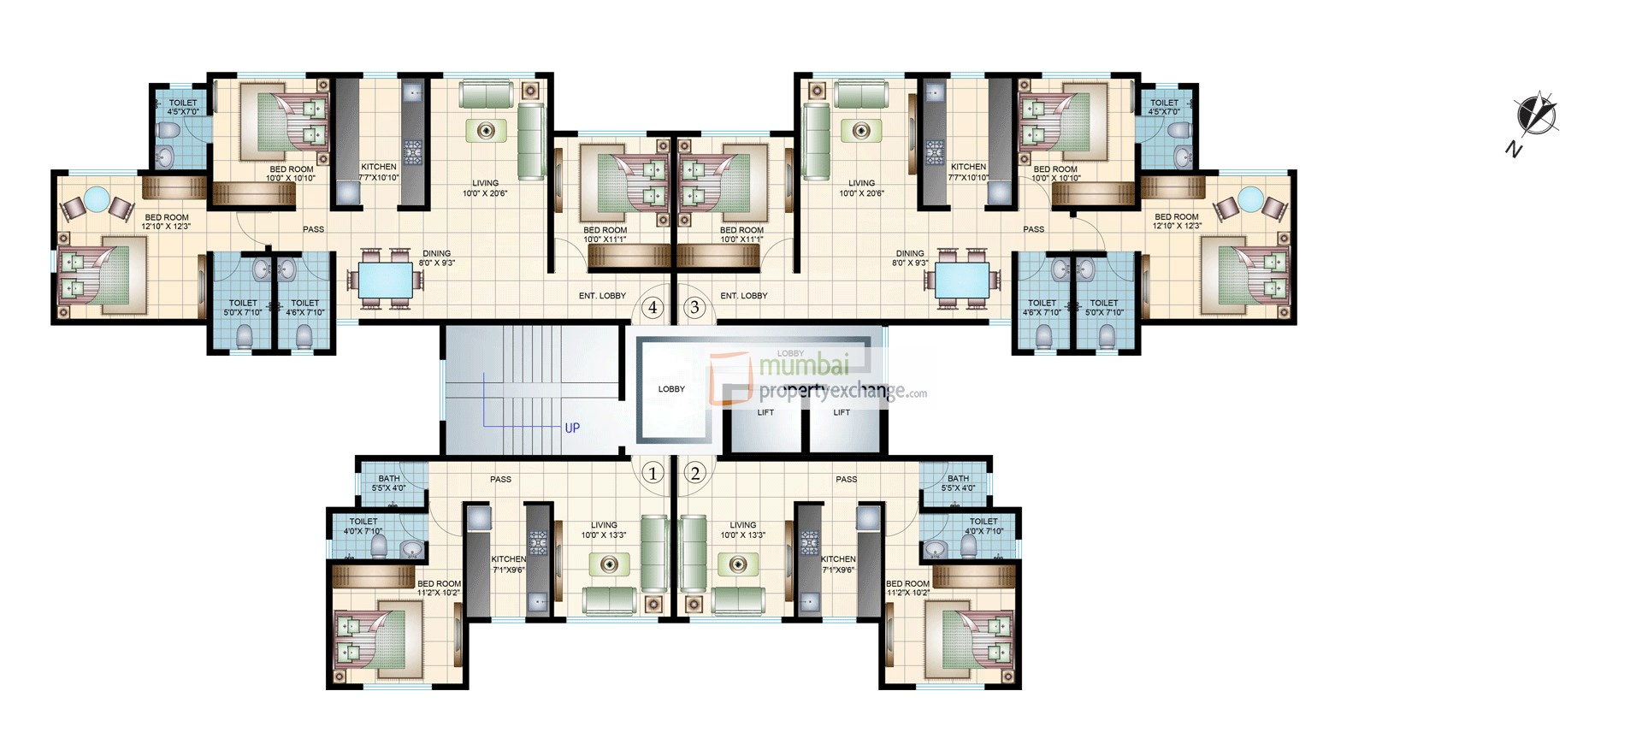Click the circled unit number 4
pos(653,307)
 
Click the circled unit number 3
pos(694,307)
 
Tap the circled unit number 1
pos(653,473)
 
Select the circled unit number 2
pos(694,473)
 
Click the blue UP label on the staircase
pos(572,428)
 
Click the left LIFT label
pos(765,412)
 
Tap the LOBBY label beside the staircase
pos(671,389)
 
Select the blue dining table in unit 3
pos(962,280)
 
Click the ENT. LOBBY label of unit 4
pos(602,296)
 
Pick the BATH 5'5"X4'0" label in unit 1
pos(389,483)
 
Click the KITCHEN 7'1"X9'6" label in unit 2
pos(838,564)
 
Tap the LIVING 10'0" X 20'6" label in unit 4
pos(485,188)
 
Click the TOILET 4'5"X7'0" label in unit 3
pos(1164,107)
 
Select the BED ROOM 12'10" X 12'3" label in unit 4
pos(167,221)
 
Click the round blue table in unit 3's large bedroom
pos(1250,199)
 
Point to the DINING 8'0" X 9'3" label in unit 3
pos(910,258)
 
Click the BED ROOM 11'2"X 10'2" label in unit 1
pos(439,588)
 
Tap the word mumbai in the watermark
pos(804,365)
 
